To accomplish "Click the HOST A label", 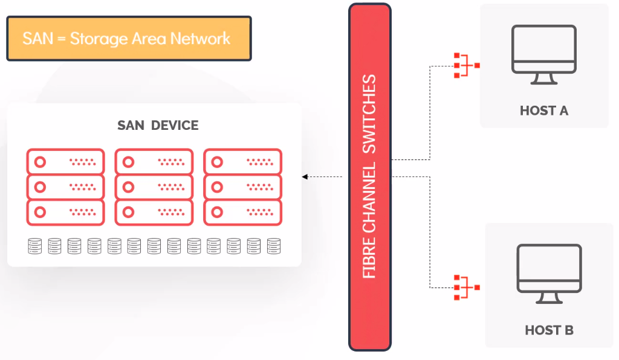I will pyautogui.click(x=544, y=111).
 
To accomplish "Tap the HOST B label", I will pyautogui.click(x=549, y=330).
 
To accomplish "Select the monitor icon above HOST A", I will pyautogui.click(x=544, y=55).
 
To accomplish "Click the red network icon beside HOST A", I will pyautogui.click(x=465, y=65).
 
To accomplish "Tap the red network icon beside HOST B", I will pyautogui.click(x=465, y=288).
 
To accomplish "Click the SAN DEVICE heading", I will pyautogui.click(x=158, y=126).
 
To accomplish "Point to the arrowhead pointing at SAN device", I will pyautogui.click(x=305, y=176).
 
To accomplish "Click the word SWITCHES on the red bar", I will pyautogui.click(x=369, y=114).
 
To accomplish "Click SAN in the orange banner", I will pyautogui.click(x=36, y=39).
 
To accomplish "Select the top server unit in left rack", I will pyautogui.click(x=65, y=162).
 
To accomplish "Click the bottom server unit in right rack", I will pyautogui.click(x=243, y=213).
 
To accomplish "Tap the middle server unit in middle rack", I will pyautogui.click(x=154, y=187).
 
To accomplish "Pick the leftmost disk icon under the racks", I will pyautogui.click(x=34, y=246).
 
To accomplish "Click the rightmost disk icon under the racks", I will pyautogui.click(x=274, y=246).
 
